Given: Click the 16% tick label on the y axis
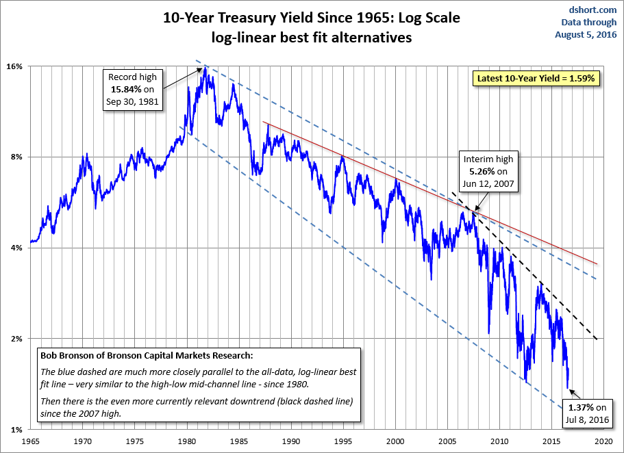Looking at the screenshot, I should click(x=15, y=66).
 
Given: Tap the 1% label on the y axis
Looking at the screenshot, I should click(x=17, y=429).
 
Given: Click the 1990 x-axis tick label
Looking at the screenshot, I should click(x=292, y=441).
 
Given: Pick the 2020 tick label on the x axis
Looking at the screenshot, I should click(x=604, y=441).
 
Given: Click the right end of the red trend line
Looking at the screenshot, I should click(x=598, y=264).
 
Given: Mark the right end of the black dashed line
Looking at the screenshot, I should click(x=598, y=339).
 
